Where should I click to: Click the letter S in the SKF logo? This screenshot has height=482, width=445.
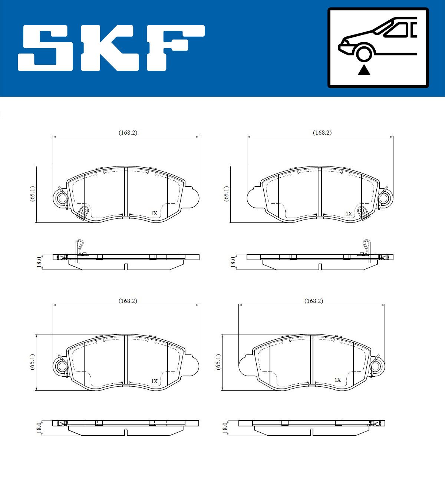coord(45,48)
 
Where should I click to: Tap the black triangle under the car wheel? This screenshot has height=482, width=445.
coord(364,70)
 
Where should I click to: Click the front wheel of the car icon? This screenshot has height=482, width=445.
coord(364,53)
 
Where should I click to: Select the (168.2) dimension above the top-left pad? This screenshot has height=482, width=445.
coord(128,132)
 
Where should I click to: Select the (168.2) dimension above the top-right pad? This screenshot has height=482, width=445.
coord(322,132)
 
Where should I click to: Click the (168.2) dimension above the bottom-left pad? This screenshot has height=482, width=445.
coord(128,301)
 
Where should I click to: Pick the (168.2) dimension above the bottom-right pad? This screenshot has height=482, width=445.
coord(314,301)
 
